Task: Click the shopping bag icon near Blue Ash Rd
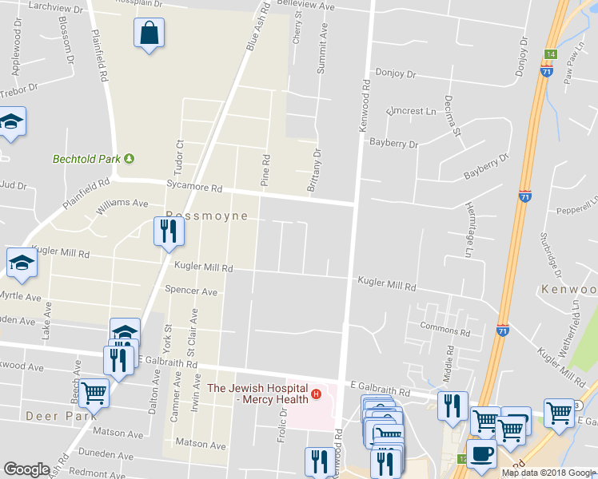[149, 34]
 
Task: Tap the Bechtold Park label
[86, 159]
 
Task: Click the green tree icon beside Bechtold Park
[129, 159]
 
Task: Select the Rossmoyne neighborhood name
[206, 216]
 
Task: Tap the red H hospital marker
[317, 394]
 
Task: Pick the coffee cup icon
[481, 453]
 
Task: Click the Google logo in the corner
[27, 469]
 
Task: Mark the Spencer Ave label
[191, 291]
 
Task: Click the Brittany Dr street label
[314, 170]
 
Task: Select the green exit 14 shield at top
[550, 54]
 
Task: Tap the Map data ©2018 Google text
[548, 473]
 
